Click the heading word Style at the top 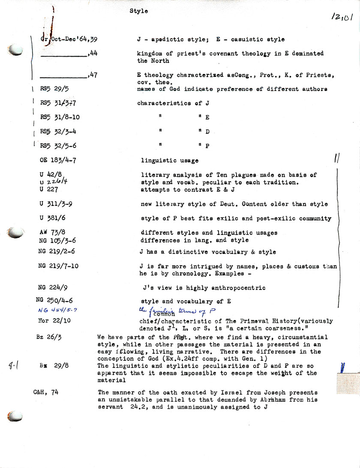138,11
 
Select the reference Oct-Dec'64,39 71,39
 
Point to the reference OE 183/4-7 58,160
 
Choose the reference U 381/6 53,218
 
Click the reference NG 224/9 53,287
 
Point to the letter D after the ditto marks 207,132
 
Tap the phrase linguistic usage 170,161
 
